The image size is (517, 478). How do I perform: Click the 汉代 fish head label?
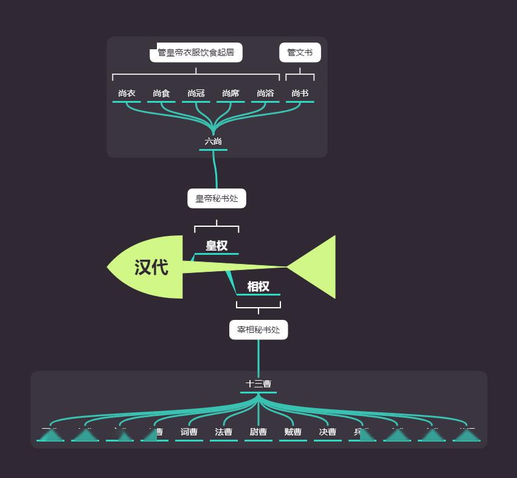[151, 267]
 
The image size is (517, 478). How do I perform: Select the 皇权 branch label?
[217, 246]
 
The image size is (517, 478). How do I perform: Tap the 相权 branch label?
[258, 286]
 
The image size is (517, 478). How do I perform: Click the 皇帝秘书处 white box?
[217, 198]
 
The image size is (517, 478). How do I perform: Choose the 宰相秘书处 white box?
[258, 330]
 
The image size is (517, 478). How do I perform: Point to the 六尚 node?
[213, 142]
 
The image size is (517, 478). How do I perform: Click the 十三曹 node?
[258, 384]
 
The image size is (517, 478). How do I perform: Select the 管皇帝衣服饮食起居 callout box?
[196, 53]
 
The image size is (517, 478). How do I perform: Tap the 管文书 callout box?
[300, 53]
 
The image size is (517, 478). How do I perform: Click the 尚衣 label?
[127, 94]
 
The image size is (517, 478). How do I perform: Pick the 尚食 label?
[161, 94]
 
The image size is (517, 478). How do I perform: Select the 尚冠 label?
[196, 94]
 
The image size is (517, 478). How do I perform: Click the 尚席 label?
[231, 94]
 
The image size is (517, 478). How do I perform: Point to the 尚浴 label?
[265, 94]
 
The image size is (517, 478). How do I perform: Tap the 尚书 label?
[300, 94]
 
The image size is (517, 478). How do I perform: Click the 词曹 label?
[189, 432]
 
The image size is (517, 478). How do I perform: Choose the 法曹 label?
[224, 432]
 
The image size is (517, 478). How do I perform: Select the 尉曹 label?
[258, 432]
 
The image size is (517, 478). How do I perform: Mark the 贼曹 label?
[293, 432]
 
